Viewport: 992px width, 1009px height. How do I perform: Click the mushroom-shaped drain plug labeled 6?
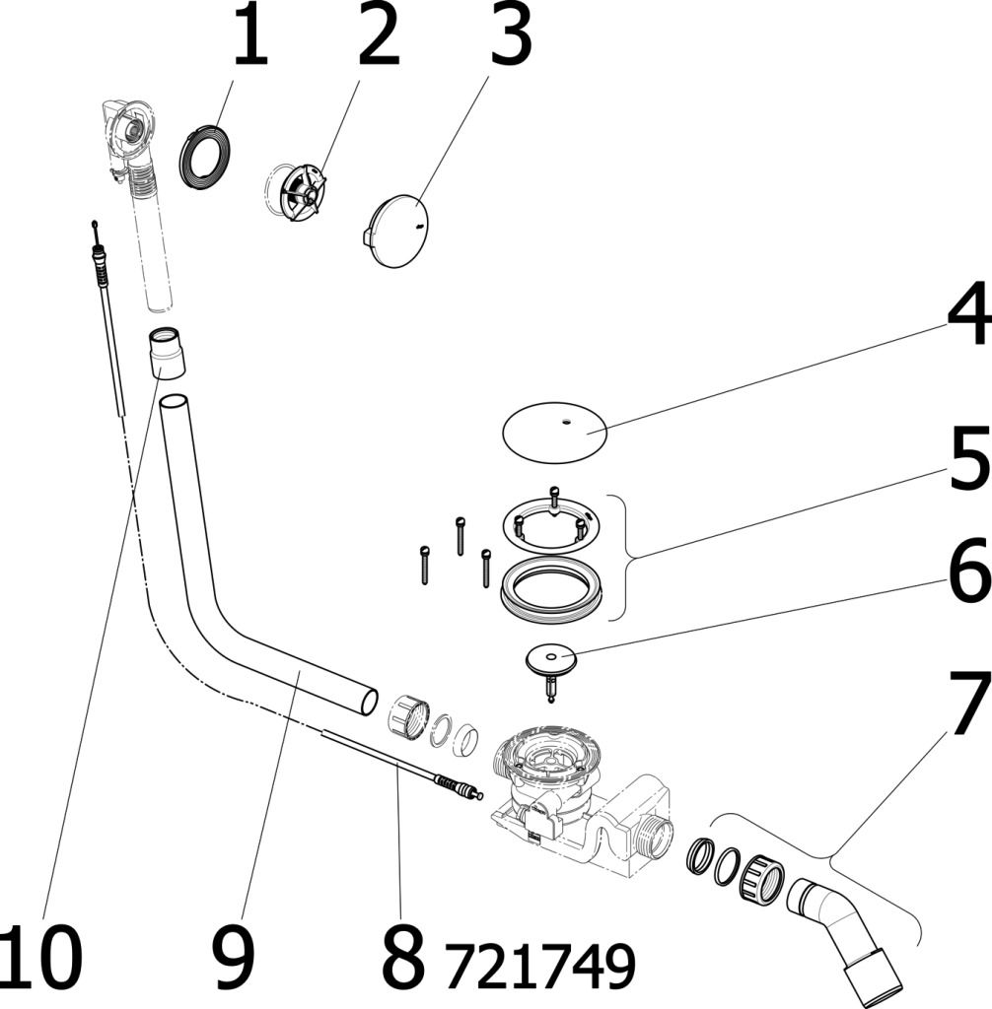click(x=549, y=661)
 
